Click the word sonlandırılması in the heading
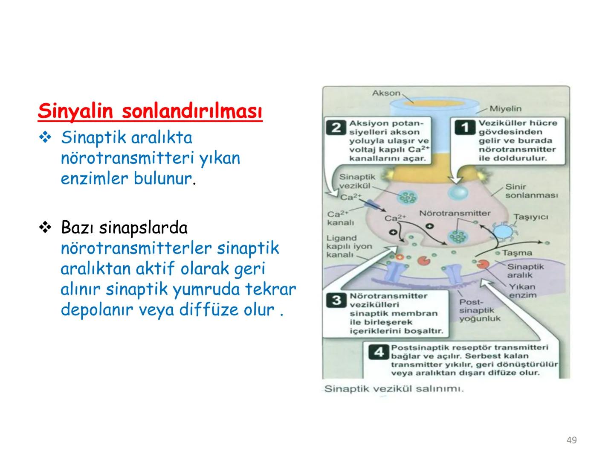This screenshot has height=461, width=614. point(192,112)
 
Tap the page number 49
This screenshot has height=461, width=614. point(572,440)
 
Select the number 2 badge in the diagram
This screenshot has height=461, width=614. point(336,127)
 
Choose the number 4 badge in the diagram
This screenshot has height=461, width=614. point(379,353)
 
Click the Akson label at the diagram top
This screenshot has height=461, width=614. point(386,93)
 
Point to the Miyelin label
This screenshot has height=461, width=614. point(505,109)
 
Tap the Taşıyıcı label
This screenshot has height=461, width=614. point(530,217)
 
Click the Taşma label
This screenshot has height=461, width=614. point(517,253)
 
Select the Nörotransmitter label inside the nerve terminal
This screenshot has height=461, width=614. point(455,213)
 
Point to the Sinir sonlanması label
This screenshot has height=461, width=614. point(531,191)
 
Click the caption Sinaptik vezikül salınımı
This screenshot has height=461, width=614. point(394,389)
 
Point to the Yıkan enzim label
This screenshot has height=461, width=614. point(522,291)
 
